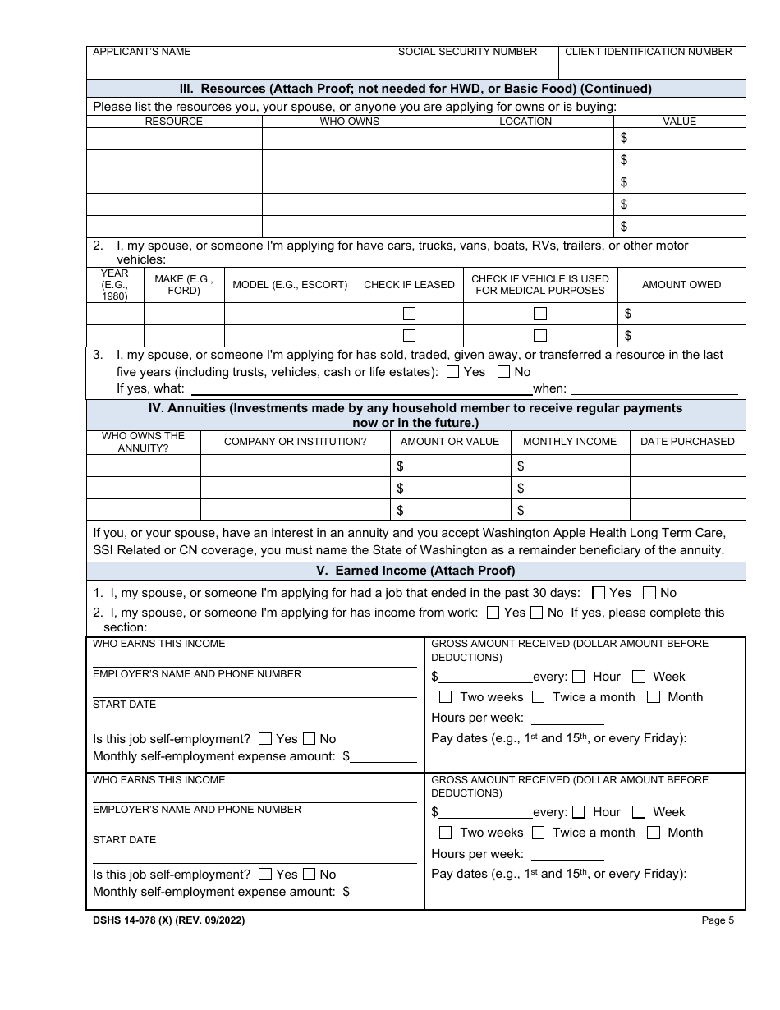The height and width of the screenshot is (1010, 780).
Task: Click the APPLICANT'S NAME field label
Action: coord(141,52)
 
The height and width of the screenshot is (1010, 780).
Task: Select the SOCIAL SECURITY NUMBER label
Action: coord(467,52)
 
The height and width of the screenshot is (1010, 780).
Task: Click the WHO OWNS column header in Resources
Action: coord(350,122)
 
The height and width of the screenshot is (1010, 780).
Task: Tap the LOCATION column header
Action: coord(525,122)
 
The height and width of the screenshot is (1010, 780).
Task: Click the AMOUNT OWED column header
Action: coord(681,285)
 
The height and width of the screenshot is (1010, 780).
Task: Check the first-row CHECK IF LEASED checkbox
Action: coord(409,314)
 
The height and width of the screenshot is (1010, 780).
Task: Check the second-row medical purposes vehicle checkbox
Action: coord(540,335)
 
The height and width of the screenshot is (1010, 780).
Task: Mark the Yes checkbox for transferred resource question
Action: coord(453,372)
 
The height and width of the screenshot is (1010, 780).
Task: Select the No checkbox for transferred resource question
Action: coord(503,372)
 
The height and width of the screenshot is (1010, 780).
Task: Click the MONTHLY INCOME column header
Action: coord(569,442)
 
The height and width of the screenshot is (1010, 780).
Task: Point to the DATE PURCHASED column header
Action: coord(687,442)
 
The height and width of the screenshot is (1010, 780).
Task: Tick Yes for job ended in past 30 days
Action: coord(599,593)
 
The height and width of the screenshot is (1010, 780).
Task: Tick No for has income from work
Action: coord(537,613)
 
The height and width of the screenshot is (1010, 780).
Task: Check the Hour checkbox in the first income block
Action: coord(579,677)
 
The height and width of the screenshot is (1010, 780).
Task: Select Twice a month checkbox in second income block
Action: coord(539,833)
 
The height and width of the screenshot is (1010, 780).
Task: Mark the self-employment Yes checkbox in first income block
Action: coord(265,739)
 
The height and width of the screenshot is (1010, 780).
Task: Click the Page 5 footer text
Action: coord(718,920)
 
